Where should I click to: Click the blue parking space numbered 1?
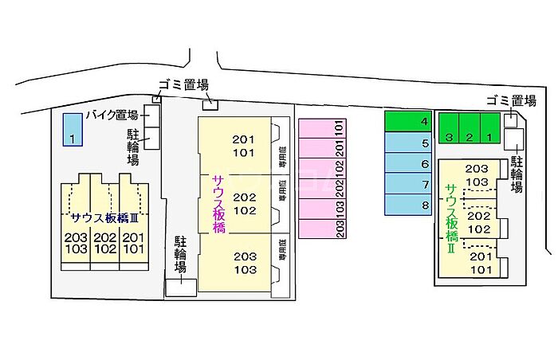[x=72, y=128]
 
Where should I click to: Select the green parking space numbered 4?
[x=408, y=121]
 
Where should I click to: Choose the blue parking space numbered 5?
[x=408, y=143]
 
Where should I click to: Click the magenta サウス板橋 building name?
[x=218, y=204]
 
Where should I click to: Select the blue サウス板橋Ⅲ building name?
[x=104, y=217]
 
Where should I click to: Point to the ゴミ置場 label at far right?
[x=511, y=100]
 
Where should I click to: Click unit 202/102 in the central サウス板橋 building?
[x=244, y=203]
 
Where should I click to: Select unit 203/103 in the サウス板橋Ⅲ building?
[x=77, y=243]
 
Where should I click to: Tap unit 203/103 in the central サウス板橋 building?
[x=244, y=263]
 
